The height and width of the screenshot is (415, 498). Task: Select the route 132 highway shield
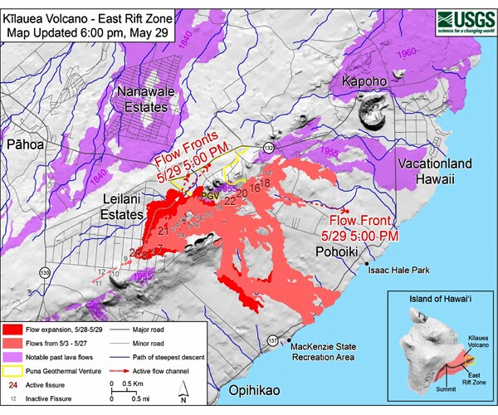pyautogui.click(x=268, y=148)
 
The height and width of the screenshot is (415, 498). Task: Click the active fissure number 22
pyautogui.click(x=230, y=201)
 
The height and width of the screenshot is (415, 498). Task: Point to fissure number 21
pyautogui.click(x=163, y=230)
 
